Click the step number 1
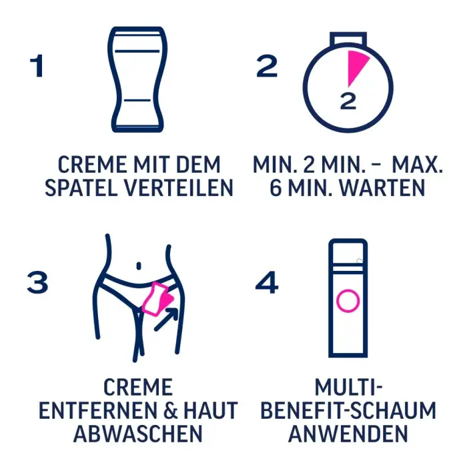point(36,66)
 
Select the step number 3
point(38,283)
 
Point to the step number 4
point(267,283)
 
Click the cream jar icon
point(136,79)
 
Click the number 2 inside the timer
point(348,102)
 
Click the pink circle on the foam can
point(348,301)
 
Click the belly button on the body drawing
point(138,266)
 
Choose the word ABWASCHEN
point(137,434)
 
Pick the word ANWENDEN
point(348,434)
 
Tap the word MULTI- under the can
point(348,387)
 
